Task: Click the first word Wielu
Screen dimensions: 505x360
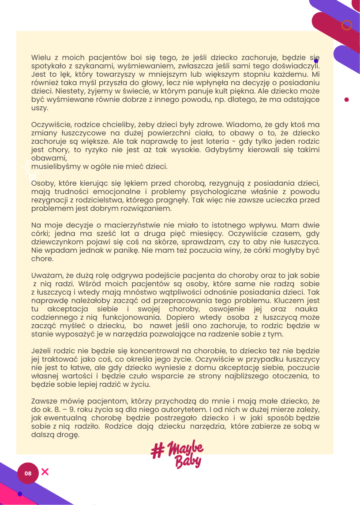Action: [41, 57]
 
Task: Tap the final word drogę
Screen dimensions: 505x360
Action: [67, 435]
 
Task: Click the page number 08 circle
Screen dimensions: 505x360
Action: [28, 473]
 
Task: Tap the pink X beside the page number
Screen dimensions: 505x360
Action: [45, 472]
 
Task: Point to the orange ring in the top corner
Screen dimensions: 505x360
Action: [347, 25]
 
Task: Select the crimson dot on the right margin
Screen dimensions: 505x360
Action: [346, 100]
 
